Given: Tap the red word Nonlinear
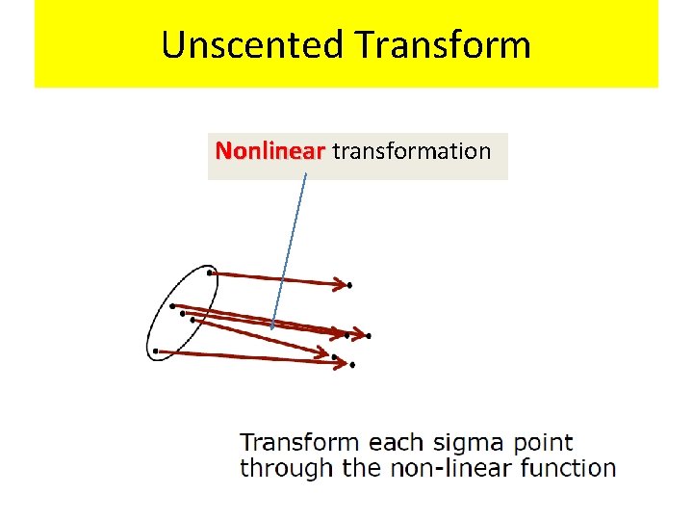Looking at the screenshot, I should [x=270, y=151].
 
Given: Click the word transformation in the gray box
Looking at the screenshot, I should [x=411, y=151].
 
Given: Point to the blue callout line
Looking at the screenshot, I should [x=290, y=250].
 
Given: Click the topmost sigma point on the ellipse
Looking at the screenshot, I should [x=210, y=273].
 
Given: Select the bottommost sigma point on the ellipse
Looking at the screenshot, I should [x=156, y=351].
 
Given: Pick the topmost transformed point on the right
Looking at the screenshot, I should [x=349, y=285].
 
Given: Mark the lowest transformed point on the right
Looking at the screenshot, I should [x=352, y=365].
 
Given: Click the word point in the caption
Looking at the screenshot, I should [x=543, y=443].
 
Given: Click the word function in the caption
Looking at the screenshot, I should [x=568, y=469].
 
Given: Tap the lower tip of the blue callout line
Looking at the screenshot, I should [x=272, y=327].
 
